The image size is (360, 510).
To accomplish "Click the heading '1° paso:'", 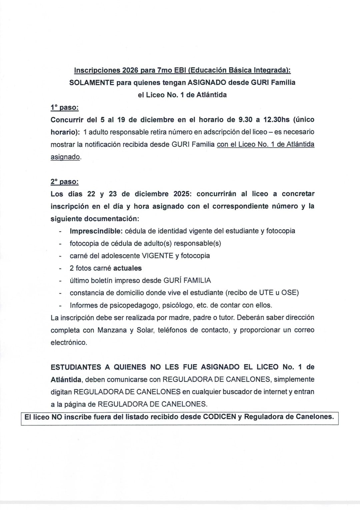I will coord(64,107).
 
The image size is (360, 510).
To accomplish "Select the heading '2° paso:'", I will coord(64,182).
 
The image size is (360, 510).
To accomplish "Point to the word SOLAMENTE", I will coord(92,82).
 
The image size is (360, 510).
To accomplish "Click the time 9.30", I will coord(245,119).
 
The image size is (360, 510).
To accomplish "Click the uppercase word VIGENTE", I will coord(157,256).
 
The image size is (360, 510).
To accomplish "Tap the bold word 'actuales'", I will coord(127,268).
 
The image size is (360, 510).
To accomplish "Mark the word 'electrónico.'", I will coord(69,343).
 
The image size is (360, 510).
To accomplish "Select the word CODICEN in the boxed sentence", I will coord(219,417).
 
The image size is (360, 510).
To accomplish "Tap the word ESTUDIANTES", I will coord(76,367).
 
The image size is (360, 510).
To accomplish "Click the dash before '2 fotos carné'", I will coord(60,269).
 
